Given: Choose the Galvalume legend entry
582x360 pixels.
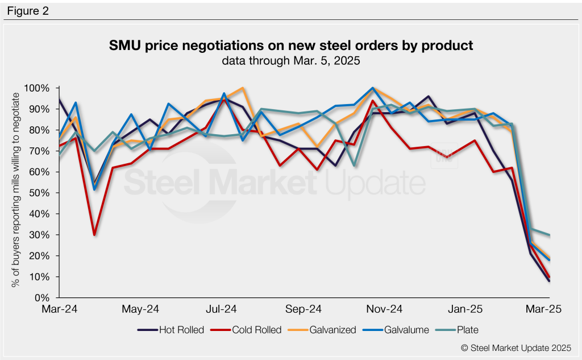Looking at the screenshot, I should pos(407,330).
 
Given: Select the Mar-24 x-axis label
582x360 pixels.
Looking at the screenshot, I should pos(59,309).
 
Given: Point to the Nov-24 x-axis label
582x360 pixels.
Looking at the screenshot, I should pos(384,309).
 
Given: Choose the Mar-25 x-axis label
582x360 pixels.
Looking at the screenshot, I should pos(546,309).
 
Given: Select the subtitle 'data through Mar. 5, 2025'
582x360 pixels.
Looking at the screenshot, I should pos(291,60).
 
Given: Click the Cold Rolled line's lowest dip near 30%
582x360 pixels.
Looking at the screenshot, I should pos(94,234).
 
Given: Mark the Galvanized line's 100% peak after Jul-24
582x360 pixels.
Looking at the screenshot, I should pos(243,88).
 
